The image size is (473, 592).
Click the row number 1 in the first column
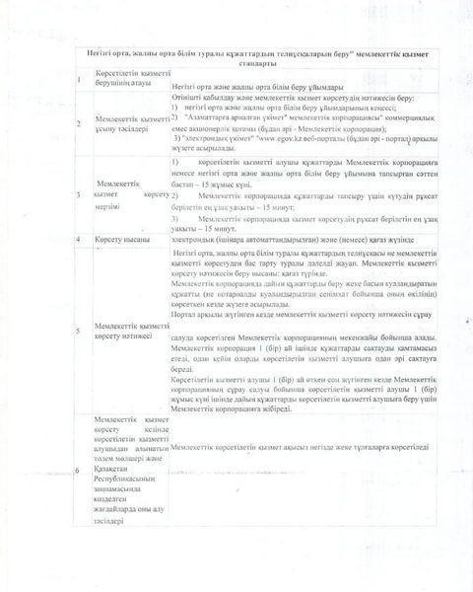79,77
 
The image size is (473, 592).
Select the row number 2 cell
79,122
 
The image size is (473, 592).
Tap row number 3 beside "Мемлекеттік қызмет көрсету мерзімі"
79,192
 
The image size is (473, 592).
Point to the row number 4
79,239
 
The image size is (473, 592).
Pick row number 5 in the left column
79,329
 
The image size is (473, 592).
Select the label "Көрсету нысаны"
123,239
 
